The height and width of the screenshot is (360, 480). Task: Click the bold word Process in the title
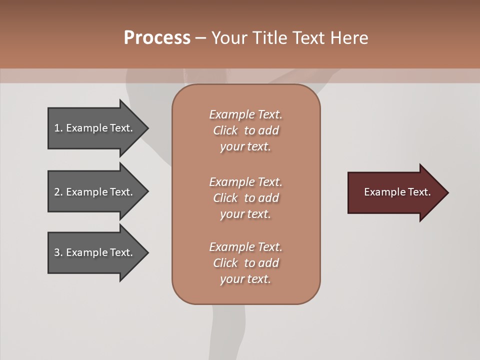click(157, 38)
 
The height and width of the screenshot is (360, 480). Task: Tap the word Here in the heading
click(348, 38)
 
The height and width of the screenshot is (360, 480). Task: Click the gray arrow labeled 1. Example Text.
click(95, 128)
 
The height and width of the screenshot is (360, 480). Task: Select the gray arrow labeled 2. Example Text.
click(95, 192)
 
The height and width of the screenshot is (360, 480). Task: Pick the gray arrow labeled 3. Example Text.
click(95, 252)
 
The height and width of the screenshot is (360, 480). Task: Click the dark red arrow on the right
click(395, 192)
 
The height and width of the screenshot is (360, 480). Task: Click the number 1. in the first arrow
click(58, 128)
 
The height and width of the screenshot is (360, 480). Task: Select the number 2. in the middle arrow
click(58, 192)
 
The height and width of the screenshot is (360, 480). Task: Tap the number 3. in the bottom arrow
click(58, 252)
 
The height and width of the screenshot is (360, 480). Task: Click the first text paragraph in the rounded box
click(245, 130)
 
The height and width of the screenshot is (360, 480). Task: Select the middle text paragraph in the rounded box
click(245, 198)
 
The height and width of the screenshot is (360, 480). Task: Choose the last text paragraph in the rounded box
click(245, 263)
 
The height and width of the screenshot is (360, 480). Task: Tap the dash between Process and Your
click(200, 38)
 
